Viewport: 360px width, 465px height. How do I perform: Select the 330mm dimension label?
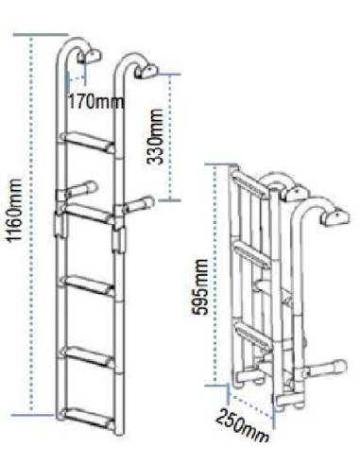158,137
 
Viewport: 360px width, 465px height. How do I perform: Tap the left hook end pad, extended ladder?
93,56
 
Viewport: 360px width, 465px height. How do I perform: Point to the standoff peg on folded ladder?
327,365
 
